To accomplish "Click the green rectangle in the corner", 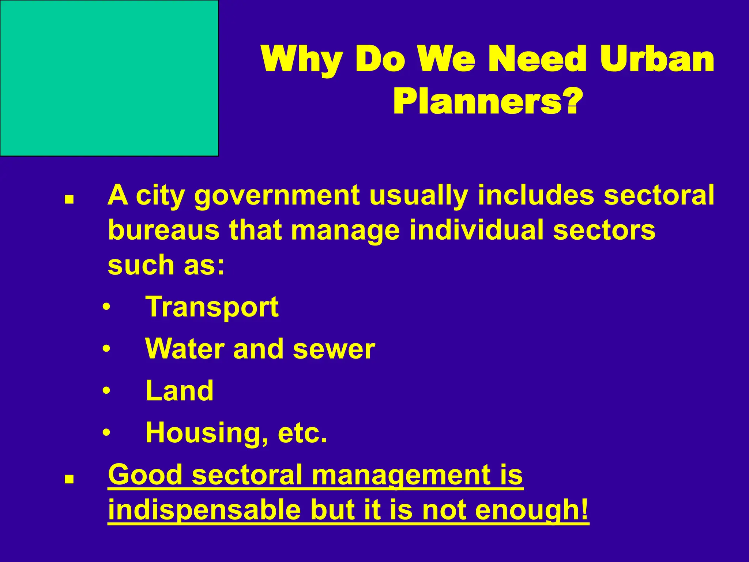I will [x=109, y=78].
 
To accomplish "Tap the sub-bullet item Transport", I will [x=212, y=307].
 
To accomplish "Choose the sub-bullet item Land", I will [x=179, y=391].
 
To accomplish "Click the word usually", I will [x=418, y=196].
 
